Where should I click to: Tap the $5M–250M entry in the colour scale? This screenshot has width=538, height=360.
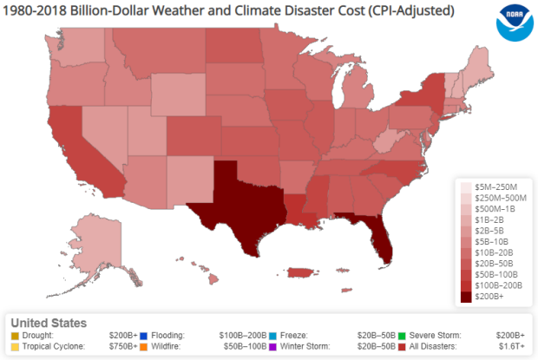pyautogui.click(x=495, y=187)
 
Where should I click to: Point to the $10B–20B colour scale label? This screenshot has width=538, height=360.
pyautogui.click(x=495, y=252)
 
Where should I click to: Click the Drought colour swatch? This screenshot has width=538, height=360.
pyautogui.click(x=14, y=335)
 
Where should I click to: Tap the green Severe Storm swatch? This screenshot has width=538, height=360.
pyautogui.click(x=403, y=335)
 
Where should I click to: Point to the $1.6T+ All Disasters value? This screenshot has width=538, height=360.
pyautogui.click(x=512, y=346)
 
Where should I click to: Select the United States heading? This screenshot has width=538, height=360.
pyautogui.click(x=49, y=323)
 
